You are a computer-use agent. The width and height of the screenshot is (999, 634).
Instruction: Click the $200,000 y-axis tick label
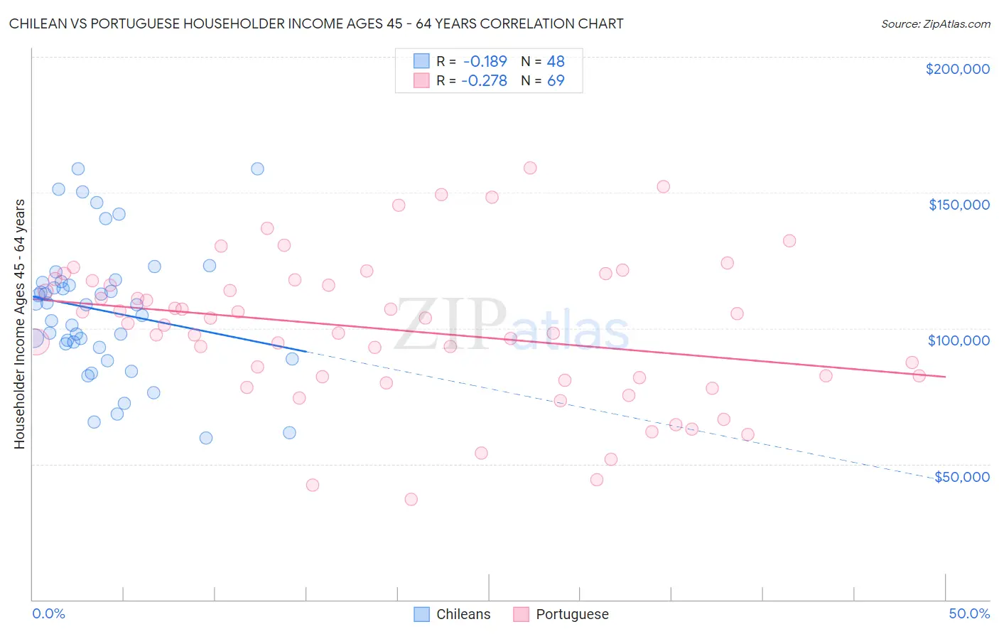957,69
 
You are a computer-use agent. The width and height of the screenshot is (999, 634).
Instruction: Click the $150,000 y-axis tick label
958,205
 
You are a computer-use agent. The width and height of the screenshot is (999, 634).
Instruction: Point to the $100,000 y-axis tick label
958,340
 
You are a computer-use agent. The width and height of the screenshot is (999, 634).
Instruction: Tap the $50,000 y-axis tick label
961,477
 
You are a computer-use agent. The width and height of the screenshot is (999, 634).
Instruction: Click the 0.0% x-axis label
48,614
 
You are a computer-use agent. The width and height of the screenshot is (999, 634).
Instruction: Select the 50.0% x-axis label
969,614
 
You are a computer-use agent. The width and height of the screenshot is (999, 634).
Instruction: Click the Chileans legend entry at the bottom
453,614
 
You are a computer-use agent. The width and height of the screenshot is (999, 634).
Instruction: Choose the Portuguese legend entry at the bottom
561,614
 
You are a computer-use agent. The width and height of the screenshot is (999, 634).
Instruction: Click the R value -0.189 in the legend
484,62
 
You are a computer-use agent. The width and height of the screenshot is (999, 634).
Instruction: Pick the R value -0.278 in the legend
484,81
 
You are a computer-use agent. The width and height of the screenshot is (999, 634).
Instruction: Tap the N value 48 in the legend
556,62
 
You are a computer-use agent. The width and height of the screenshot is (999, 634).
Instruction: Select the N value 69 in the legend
556,81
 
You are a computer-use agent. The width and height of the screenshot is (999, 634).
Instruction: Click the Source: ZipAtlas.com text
935,23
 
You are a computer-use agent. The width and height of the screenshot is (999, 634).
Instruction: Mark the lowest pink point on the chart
411,499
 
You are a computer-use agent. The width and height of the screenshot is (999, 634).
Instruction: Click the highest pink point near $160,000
530,168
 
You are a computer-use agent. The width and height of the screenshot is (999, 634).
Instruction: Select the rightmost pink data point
919,376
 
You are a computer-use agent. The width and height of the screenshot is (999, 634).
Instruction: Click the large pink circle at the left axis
34,341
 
